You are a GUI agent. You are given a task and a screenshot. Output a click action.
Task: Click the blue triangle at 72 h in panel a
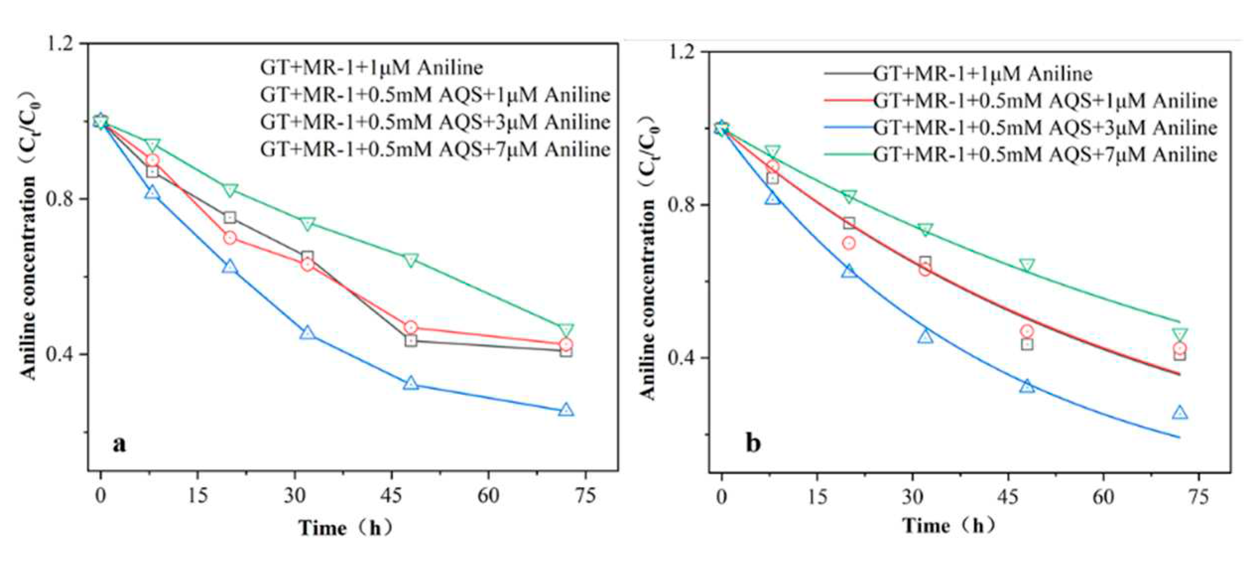(x=566, y=410)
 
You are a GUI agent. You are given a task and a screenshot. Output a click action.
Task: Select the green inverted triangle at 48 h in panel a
(x=411, y=260)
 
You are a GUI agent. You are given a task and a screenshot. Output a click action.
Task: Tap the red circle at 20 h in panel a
(x=230, y=238)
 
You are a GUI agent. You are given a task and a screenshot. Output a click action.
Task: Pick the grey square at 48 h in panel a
(x=411, y=341)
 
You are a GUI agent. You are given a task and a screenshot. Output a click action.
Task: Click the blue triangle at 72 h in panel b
(x=1180, y=413)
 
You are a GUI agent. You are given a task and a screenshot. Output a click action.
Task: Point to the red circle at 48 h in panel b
(x=1027, y=331)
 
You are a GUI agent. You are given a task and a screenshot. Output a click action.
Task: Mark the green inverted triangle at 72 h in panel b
(x=1180, y=335)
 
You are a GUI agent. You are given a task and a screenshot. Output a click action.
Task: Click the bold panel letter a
(x=119, y=444)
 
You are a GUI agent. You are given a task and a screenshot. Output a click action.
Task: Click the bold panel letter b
(x=753, y=443)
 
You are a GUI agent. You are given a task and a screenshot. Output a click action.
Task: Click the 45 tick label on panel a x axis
(x=392, y=495)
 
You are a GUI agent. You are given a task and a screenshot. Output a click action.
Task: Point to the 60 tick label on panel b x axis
(x=1104, y=496)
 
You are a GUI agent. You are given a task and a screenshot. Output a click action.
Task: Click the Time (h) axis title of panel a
(x=346, y=528)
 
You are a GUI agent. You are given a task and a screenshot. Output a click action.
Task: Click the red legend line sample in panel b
(x=848, y=101)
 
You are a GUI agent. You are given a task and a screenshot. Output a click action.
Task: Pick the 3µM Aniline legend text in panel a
(x=435, y=122)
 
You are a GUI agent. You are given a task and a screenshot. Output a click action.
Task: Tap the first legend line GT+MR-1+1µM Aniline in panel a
(x=371, y=67)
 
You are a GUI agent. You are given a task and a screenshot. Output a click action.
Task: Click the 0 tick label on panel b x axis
(x=721, y=496)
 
